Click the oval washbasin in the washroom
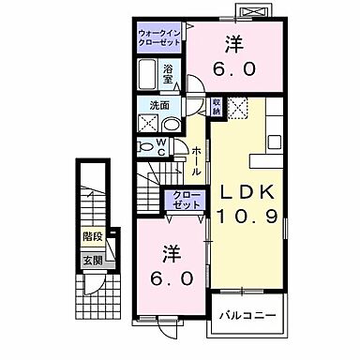click(x=171, y=123)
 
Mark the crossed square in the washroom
click(x=148, y=123)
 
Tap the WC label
click(x=162, y=146)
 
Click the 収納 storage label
click(x=217, y=107)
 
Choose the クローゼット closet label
click(x=184, y=199)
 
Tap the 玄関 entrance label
click(x=92, y=260)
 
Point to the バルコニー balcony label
click(x=247, y=315)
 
